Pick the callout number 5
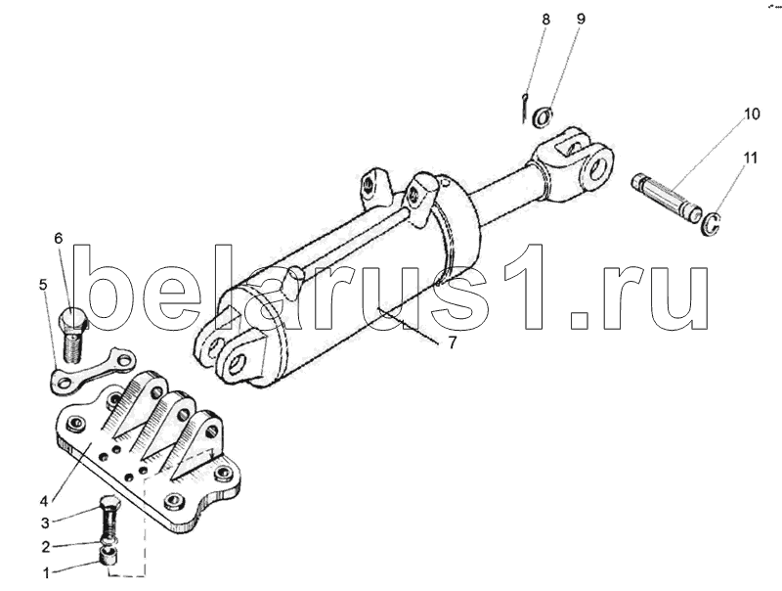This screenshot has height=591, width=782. tap(43, 285)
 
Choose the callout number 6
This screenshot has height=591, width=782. tap(58, 238)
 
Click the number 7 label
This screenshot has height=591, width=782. tap(453, 342)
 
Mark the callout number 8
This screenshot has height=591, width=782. tap(545, 20)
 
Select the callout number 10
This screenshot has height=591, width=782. tap(751, 114)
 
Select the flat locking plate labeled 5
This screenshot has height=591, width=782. tap(94, 370)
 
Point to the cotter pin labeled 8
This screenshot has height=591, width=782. tap(526, 106)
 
